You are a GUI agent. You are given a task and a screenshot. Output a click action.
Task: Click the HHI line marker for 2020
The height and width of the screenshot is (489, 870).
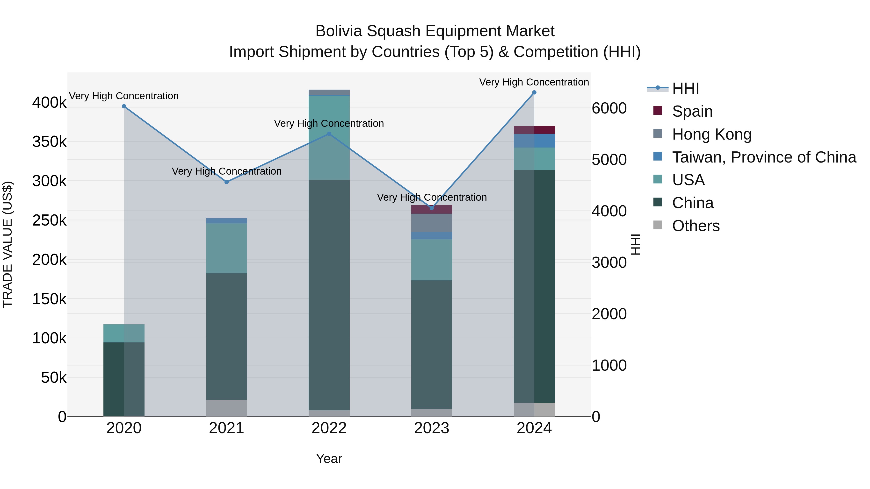pyautogui.click(x=124, y=106)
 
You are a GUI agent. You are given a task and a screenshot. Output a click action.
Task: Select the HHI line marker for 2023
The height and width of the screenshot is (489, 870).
pyautogui.click(x=432, y=208)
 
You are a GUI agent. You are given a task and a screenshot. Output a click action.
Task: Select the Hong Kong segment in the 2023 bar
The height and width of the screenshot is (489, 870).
pyautogui.click(x=432, y=223)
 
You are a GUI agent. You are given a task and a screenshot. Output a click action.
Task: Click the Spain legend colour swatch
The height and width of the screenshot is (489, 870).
pyautogui.click(x=658, y=111)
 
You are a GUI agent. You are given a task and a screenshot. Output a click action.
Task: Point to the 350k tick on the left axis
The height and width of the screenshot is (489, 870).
pyautogui.click(x=49, y=142)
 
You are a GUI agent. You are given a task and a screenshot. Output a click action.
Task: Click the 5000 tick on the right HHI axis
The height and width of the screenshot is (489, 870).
pyautogui.click(x=609, y=160)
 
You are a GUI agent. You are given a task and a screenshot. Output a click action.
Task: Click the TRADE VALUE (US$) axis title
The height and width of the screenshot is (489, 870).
pyautogui.click(x=7, y=244)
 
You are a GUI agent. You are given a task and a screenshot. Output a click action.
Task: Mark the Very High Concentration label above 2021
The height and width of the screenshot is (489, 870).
pyautogui.click(x=227, y=171)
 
